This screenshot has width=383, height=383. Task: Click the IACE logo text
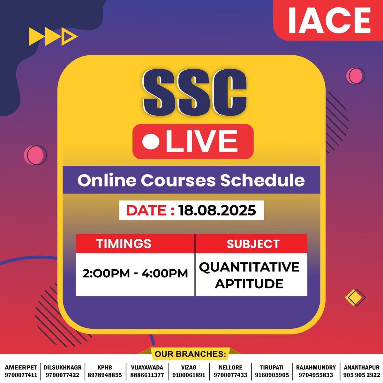click(329, 20)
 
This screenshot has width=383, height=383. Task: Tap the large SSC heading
click(195, 93)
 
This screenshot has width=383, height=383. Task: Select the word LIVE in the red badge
click(202, 141)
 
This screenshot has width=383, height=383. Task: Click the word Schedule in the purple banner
click(262, 180)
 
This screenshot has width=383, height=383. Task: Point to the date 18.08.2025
click(217, 210)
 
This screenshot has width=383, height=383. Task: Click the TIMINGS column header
click(124, 244)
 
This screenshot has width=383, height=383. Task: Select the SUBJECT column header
click(253, 244)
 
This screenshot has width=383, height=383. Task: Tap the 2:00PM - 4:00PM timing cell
click(135, 274)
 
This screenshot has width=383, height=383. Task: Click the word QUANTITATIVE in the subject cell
click(249, 267)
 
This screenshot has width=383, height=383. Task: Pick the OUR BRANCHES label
click(190, 354)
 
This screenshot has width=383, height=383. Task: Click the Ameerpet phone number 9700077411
click(21, 375)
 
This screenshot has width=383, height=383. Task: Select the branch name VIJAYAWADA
click(147, 368)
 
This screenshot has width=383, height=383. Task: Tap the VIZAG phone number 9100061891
click(189, 375)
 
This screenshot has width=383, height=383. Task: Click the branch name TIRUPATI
click(272, 368)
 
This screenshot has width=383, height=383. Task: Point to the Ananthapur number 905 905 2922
click(362, 375)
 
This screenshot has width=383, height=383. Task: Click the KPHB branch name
click(105, 368)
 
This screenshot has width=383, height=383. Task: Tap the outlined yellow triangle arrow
click(70, 37)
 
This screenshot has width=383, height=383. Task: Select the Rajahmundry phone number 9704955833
click(316, 375)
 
